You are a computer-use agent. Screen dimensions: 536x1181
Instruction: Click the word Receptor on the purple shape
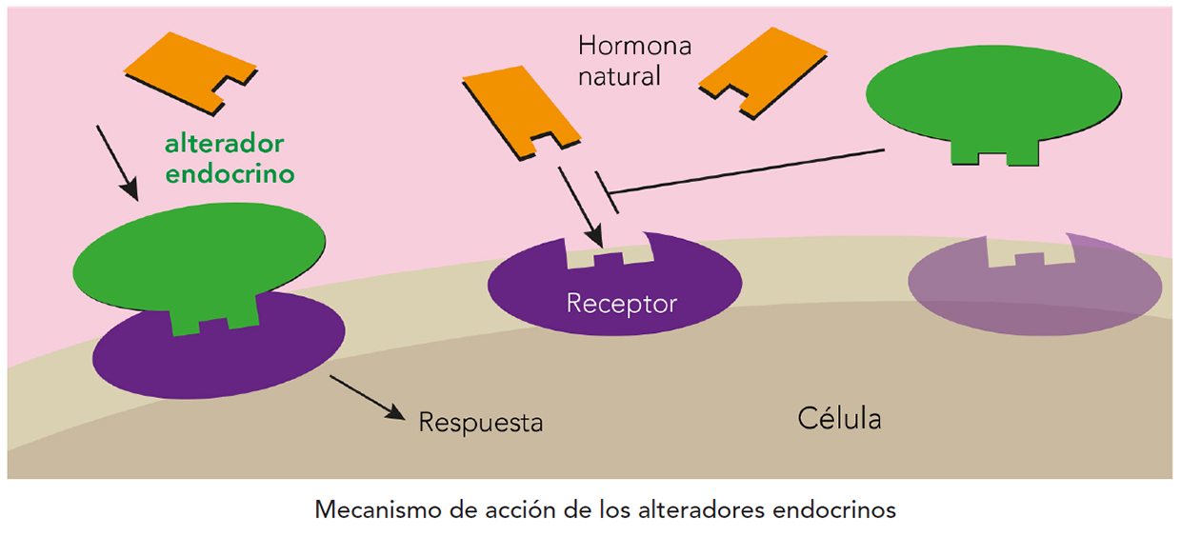[x=621, y=304]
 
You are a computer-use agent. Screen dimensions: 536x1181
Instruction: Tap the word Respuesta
[x=480, y=421]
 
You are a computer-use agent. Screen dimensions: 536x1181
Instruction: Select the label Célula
[x=839, y=418]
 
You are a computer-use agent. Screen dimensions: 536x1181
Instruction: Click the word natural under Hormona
[x=619, y=76]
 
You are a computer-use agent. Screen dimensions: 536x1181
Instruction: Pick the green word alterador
[x=225, y=145]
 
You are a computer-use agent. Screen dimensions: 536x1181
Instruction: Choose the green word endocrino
[x=229, y=175]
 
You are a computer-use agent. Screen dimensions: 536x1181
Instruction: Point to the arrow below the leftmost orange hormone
[x=118, y=160]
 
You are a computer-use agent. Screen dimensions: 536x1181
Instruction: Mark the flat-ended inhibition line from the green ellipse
[x=743, y=172]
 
